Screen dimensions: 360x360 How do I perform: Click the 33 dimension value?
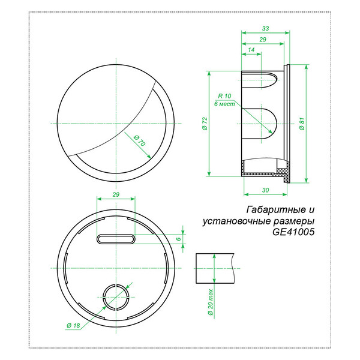click(x=265, y=28)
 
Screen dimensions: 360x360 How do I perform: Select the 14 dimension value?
click(x=251, y=50)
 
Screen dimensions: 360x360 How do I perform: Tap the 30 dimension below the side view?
click(x=265, y=190)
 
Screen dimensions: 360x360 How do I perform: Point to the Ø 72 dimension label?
click(x=205, y=124)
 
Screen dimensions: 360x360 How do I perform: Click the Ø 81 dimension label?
click(x=302, y=124)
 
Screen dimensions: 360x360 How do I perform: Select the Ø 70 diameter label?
click(x=139, y=140)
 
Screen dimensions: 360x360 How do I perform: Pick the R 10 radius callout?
click(x=224, y=96)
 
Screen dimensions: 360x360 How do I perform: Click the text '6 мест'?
click(x=224, y=104)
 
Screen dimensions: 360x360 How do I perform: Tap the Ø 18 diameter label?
click(x=73, y=325)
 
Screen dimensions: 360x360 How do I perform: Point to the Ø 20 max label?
click(x=211, y=302)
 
